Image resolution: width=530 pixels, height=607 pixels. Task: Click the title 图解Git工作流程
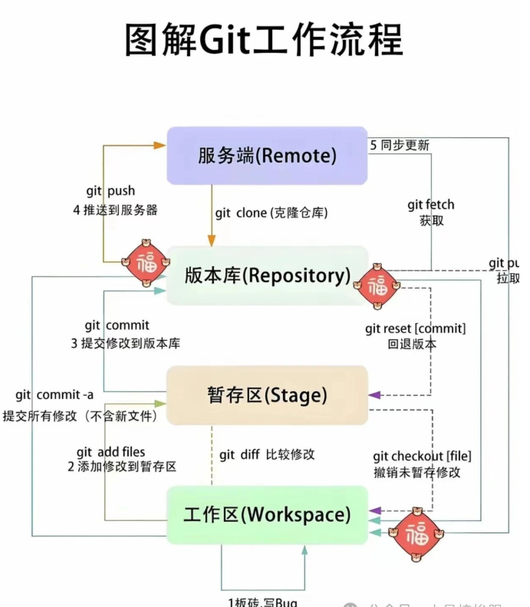pyautogui.click(x=264, y=39)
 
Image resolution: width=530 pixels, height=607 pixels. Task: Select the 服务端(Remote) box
pyautogui.click(x=267, y=156)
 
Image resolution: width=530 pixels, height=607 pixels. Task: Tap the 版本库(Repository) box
pyautogui.click(x=267, y=275)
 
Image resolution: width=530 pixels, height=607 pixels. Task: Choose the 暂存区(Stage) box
pyautogui.click(x=267, y=395)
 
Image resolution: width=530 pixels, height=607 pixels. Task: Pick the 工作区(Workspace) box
pyautogui.click(x=267, y=514)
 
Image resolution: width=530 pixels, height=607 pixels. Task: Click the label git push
pyautogui.click(x=110, y=191)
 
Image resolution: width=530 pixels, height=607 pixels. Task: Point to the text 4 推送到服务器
pyautogui.click(x=115, y=209)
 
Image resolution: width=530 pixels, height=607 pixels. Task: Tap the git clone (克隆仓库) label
pyautogui.click(x=272, y=213)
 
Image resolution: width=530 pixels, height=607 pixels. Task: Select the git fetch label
pyautogui.click(x=431, y=205)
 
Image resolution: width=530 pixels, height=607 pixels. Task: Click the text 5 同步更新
pyautogui.click(x=400, y=145)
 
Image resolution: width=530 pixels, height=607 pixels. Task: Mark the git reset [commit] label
pyautogui.click(x=415, y=328)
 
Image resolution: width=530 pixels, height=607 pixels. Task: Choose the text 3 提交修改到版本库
pyautogui.click(x=126, y=343)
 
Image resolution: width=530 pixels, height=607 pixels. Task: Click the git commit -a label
pyautogui.click(x=54, y=395)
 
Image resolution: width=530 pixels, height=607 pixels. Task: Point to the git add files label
pyautogui.click(x=110, y=452)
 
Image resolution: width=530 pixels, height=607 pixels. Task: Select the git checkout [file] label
pyautogui.click(x=417, y=456)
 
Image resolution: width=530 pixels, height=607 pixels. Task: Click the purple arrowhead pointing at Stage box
pyautogui.click(x=375, y=395)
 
